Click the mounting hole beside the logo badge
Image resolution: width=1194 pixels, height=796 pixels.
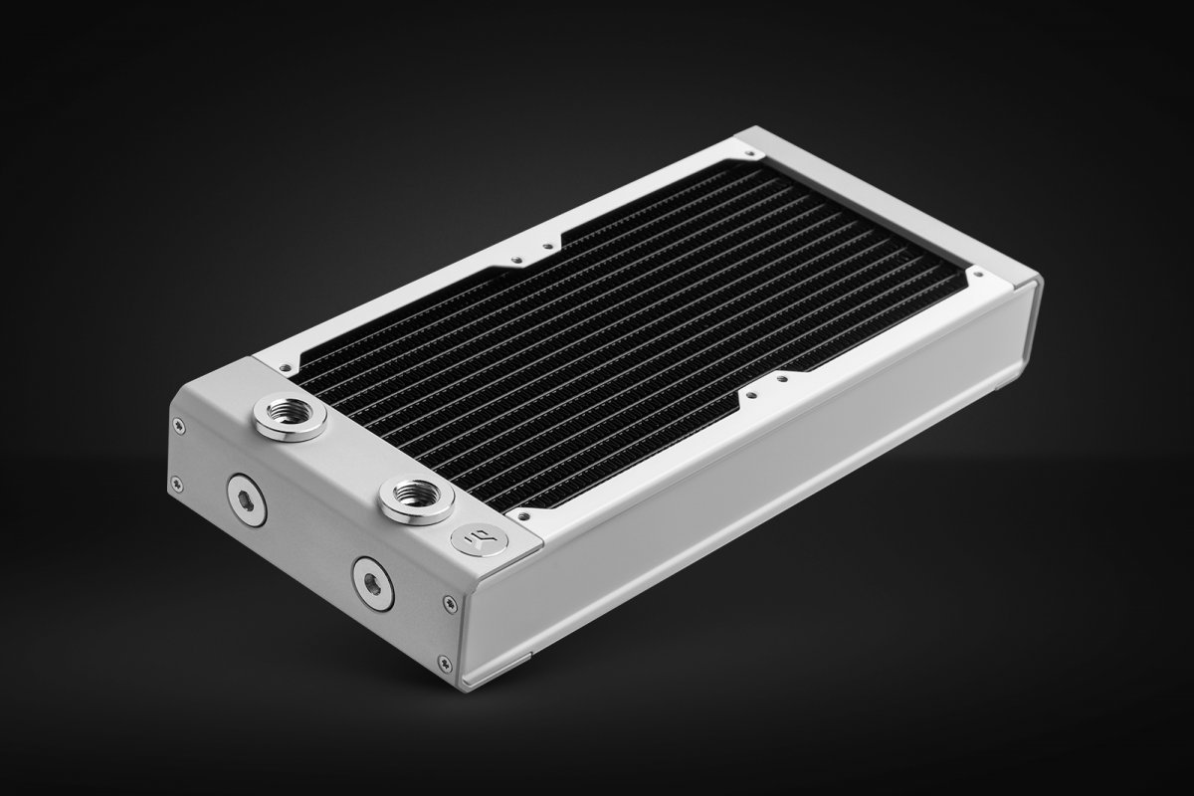[522, 516]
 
